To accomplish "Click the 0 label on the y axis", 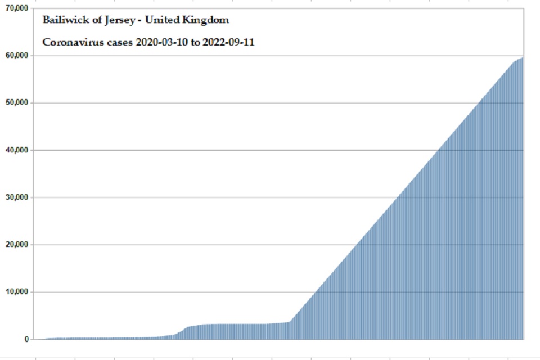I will coord(26,339).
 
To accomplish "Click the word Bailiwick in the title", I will coord(60,20).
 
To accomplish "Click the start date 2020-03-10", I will coord(160,42).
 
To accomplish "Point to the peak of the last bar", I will coord(523,57).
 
